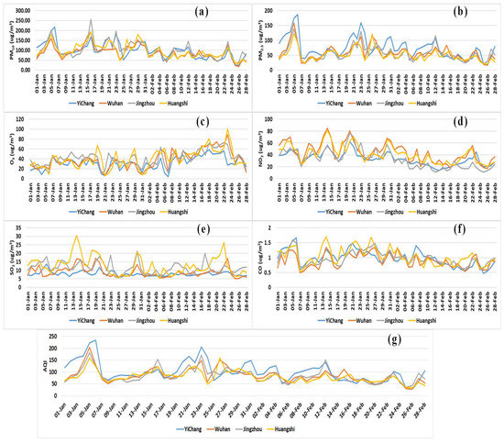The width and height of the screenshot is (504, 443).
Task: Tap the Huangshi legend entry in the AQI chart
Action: point(320,430)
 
